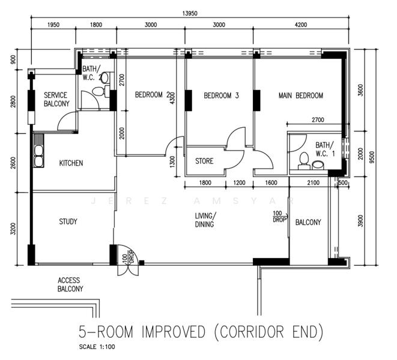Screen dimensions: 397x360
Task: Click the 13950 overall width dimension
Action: point(190,13)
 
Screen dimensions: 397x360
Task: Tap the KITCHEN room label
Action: point(71,163)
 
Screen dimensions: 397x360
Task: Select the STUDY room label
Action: point(68,221)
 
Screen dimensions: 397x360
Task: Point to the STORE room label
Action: point(204,161)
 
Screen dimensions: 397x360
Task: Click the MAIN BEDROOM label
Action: point(301,95)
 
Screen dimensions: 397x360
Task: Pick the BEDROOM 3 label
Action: point(221,95)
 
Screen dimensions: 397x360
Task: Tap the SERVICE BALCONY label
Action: point(56,100)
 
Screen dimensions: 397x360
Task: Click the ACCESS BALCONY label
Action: point(70,284)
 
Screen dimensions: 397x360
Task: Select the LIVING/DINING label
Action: point(205,220)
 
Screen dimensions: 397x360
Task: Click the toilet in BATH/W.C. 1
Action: point(303,161)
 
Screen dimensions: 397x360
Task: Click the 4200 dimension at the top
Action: point(301,25)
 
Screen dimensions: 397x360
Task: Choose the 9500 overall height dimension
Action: point(372,157)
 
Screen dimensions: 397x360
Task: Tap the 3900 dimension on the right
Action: point(361,221)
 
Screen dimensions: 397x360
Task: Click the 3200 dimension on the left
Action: point(13,229)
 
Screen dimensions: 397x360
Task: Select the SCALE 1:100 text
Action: point(97,347)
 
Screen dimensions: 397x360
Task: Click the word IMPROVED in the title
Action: point(173,332)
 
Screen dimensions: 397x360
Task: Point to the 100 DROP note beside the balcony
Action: point(279,217)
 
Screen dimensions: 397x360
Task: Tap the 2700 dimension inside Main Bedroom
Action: point(318,119)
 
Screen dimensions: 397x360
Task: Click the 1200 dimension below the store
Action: point(239,182)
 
